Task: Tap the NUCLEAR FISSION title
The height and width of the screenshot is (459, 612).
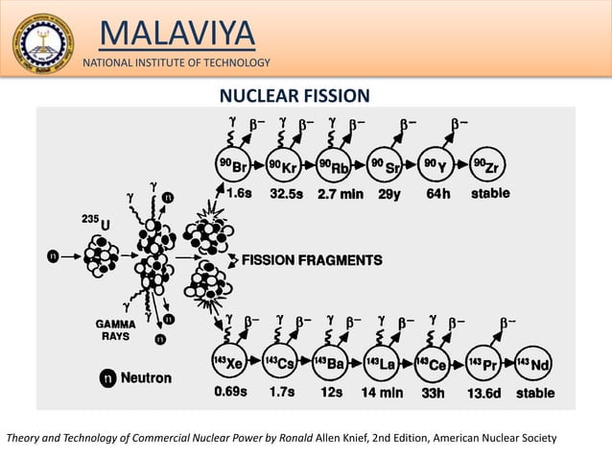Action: click(294, 95)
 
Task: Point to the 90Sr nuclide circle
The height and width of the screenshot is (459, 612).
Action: click(384, 167)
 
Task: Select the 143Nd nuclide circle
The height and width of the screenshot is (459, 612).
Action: click(535, 362)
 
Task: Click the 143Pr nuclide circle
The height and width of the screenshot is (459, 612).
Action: click(483, 362)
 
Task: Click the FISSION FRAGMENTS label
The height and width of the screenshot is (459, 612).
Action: click(310, 259)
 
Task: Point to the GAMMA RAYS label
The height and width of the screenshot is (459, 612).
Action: click(114, 331)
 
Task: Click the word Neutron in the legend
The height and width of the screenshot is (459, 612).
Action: click(146, 377)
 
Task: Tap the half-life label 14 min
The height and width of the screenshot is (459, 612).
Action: click(382, 393)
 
